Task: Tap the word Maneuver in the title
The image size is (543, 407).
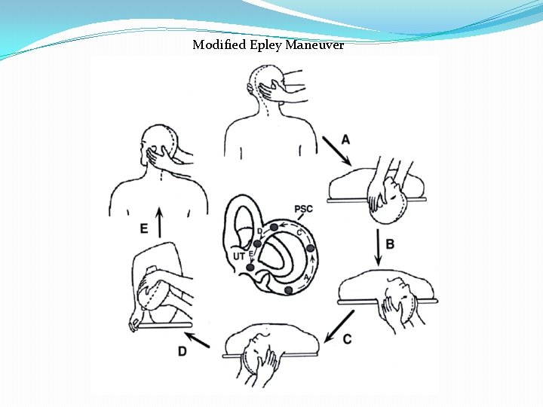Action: (314, 44)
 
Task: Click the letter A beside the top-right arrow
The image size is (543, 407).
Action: (345, 139)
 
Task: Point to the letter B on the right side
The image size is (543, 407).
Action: (390, 243)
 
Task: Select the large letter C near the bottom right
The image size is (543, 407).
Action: (347, 339)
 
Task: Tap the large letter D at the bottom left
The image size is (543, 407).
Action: (183, 350)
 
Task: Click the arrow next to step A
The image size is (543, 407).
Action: (336, 151)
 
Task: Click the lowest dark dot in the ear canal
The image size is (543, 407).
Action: (288, 290)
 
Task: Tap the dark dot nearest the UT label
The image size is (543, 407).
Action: (250, 267)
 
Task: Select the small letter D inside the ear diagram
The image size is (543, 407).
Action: (259, 231)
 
